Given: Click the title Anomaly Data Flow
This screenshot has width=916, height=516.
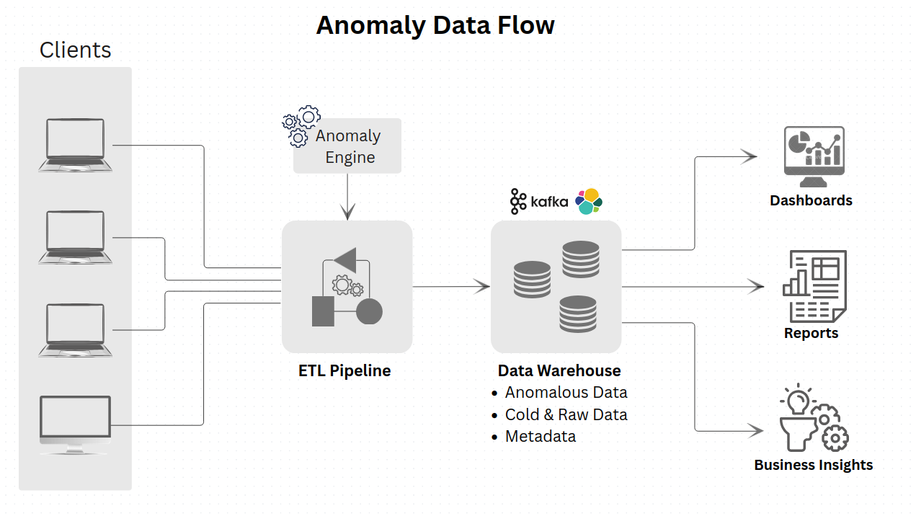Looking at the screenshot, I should [x=435, y=25].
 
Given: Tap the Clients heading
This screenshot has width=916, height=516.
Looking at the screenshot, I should [x=75, y=50].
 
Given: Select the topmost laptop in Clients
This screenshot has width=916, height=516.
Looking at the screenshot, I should [x=75, y=145].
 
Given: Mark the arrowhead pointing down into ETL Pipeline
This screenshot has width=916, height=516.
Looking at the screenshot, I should [x=347, y=213].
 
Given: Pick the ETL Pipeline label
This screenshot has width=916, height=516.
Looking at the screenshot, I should [x=344, y=371].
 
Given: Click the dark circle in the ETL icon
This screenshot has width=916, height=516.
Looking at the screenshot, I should [x=369, y=311].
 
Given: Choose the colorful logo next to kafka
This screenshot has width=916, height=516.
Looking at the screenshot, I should [x=588, y=201].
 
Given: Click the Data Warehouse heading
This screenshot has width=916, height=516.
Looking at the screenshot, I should [x=559, y=371].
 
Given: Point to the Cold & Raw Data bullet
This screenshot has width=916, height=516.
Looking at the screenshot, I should [x=566, y=415].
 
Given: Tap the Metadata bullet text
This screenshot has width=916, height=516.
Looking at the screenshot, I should [x=541, y=437].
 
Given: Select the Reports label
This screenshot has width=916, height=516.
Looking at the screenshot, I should [x=811, y=333].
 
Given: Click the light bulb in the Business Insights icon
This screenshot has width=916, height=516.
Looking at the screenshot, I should [x=798, y=399].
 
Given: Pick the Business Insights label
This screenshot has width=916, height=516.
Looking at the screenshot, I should [x=813, y=465].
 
